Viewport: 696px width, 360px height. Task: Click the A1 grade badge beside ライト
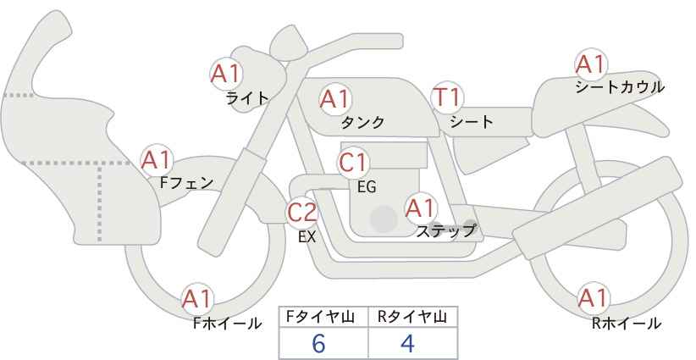coord(225,74)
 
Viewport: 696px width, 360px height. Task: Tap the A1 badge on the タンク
coord(334,99)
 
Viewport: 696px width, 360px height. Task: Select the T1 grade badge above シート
coord(448,97)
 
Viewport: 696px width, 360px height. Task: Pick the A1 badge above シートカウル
coord(591,64)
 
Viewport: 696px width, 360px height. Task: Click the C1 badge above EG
coord(353,163)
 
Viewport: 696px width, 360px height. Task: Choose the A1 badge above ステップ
coord(421,208)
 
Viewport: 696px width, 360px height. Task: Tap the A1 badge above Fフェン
coord(157,160)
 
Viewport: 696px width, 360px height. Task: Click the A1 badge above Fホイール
coord(197,299)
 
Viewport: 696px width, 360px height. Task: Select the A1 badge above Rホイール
coord(593,298)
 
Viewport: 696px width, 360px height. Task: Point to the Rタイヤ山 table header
coord(413,317)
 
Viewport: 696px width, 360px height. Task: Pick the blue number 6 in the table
coord(319,343)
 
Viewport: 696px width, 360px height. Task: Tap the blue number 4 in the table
coord(407,343)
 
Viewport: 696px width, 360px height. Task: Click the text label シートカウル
coord(620,87)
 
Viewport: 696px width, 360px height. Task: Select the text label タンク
coord(362,122)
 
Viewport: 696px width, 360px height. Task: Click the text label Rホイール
coord(627,324)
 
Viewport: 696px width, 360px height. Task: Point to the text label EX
coord(307,237)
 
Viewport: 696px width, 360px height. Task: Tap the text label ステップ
coord(445,231)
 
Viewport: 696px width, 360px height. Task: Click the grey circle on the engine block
coord(384,219)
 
